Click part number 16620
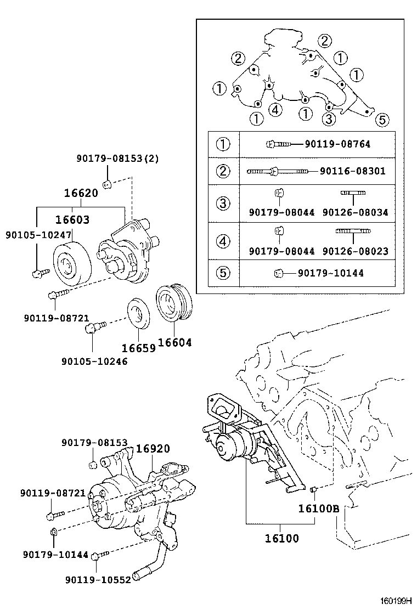[x=81, y=193]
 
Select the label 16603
[x=72, y=219]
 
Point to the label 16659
[x=139, y=348]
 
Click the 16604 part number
[x=175, y=343]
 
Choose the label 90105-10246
[x=94, y=362]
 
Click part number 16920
[x=153, y=448]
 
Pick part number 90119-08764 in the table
[x=337, y=144]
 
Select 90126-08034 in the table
[x=355, y=212]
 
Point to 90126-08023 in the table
[x=355, y=251]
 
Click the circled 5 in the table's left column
[x=223, y=273]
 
